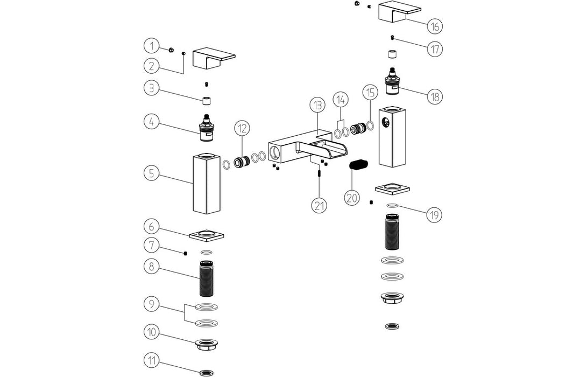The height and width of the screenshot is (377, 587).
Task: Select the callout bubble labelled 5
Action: coord(152,174)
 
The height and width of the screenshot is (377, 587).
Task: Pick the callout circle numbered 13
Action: coord(318,104)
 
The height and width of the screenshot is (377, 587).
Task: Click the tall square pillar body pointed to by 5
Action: coord(207,184)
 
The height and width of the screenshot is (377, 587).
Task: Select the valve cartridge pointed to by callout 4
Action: coord(207,130)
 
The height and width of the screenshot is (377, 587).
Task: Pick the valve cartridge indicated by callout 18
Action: coord(395,83)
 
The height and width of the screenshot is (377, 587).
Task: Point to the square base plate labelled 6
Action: coord(207,235)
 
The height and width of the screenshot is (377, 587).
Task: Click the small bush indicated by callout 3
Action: coord(207,100)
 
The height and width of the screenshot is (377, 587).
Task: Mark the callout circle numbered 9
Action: coord(152,303)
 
